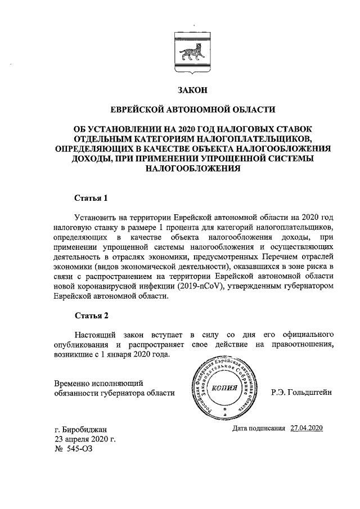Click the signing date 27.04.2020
click(307, 429)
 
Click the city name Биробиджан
click(85, 431)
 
